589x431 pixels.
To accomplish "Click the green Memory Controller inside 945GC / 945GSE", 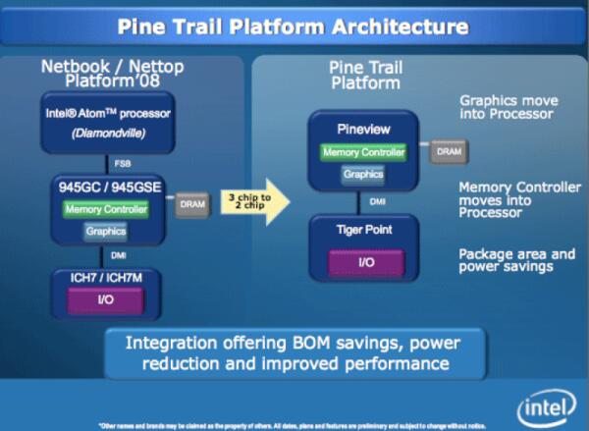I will coord(106,209).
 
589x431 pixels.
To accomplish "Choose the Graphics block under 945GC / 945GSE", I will coord(106,232).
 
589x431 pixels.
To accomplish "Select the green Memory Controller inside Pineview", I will coord(362,152).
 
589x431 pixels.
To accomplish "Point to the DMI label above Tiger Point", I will coord(362,201).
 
